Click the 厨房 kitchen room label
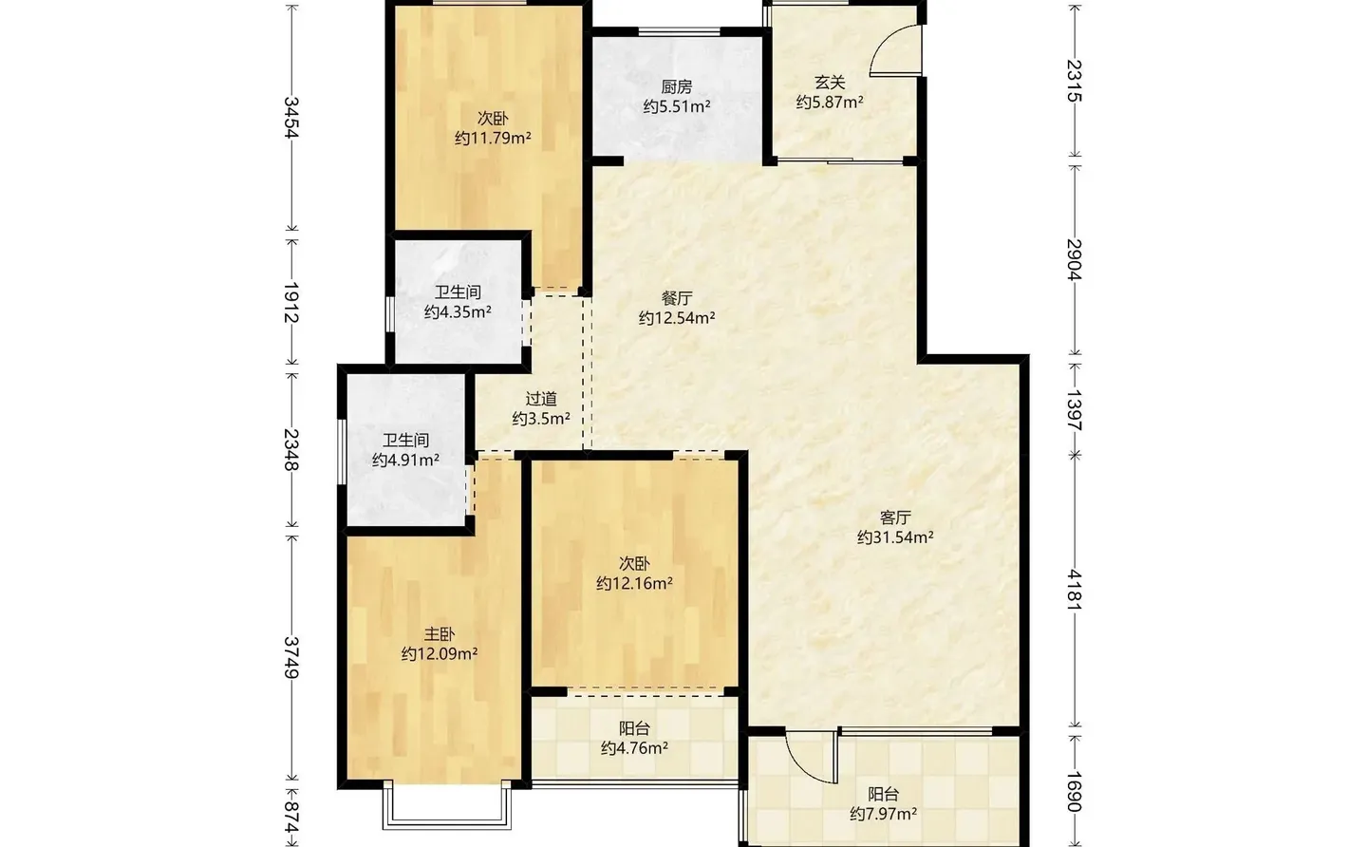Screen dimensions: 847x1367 point(677,86)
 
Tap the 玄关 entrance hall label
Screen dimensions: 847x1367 point(829,83)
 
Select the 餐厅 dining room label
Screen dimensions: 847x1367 point(677,298)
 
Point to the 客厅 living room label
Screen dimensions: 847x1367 point(895,518)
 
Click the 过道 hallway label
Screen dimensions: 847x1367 point(541,399)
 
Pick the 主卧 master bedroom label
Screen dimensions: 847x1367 point(440,634)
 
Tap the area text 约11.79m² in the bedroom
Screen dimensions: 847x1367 point(493,139)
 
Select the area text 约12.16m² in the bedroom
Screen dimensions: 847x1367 point(634,584)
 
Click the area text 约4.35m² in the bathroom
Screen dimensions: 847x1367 point(458,312)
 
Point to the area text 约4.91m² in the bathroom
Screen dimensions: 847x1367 point(405,461)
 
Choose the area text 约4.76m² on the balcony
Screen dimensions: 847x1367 point(634,748)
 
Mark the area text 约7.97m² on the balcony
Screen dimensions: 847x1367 point(883,815)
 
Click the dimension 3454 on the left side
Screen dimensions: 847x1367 point(291,118)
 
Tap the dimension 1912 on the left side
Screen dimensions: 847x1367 point(291,301)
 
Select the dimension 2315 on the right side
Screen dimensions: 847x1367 point(1074,81)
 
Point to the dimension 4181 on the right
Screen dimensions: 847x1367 point(1074,590)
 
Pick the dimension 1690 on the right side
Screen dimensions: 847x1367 point(1074,791)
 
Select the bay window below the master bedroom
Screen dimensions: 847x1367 point(446,807)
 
